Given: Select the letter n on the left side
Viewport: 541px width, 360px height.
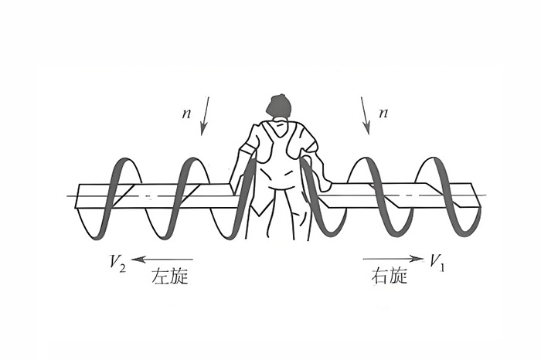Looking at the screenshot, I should [x=186, y=114].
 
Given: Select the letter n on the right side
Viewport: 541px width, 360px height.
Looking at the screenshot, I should [x=384, y=114].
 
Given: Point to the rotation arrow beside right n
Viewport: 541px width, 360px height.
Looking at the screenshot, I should [x=365, y=115].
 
